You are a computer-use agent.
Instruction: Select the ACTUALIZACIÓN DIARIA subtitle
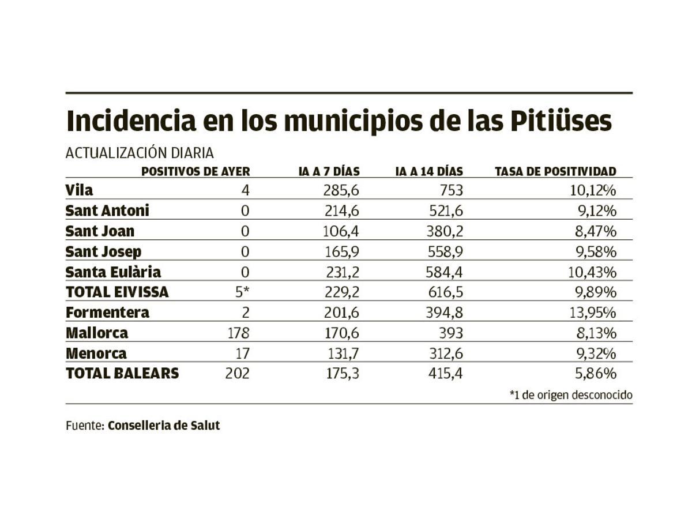click(x=140, y=153)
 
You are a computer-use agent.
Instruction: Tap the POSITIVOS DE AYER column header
click(x=195, y=171)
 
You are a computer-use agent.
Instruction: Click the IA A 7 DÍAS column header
click(x=329, y=171)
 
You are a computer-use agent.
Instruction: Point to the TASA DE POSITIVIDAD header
click(x=555, y=171)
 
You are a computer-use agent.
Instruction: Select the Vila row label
click(x=79, y=190)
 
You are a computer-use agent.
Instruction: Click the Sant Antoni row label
click(x=107, y=210)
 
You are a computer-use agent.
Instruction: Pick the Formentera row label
click(x=107, y=313)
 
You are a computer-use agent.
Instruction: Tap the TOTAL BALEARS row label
click(x=122, y=373)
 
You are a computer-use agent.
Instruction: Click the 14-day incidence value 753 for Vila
click(x=450, y=190)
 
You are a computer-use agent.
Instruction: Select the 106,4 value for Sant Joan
click(x=341, y=231)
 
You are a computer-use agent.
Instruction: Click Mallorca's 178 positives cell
click(x=238, y=333)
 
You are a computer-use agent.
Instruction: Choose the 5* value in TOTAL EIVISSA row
click(x=242, y=292)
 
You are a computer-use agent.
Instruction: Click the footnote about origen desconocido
click(x=571, y=395)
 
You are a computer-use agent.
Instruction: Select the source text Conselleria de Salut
click(x=164, y=426)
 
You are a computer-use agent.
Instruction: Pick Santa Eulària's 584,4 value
click(x=443, y=272)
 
